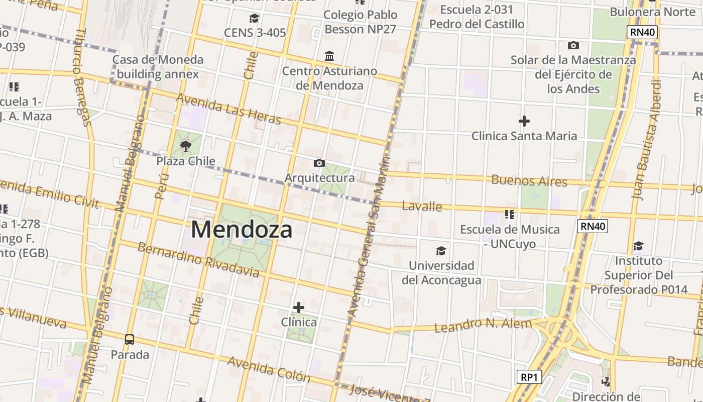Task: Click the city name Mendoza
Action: coord(242,230)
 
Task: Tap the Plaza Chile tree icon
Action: coord(186,146)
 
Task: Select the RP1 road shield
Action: coord(529,377)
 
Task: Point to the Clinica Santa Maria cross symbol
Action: coord(524,121)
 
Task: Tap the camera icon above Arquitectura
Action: coord(319,163)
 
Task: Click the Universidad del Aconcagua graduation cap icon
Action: coord(441,251)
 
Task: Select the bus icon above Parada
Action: coord(130,340)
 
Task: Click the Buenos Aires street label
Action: coord(529,180)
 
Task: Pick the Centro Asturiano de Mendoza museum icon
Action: coord(329,56)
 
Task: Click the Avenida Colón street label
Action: coord(269,369)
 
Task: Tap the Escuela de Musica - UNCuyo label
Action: coord(510,237)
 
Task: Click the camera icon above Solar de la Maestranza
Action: coord(573,46)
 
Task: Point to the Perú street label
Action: coord(160,186)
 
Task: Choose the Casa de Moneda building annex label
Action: coord(158,67)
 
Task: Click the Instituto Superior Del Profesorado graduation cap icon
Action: coord(638,246)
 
